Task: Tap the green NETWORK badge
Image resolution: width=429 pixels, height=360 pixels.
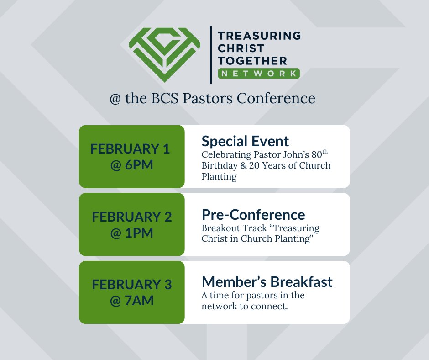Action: [x=258, y=73]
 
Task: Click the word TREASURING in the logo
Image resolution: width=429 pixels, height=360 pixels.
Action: [x=259, y=36]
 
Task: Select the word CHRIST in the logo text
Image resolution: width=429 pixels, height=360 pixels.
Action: [x=241, y=48]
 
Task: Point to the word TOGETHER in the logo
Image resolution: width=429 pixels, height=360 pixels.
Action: [x=252, y=60]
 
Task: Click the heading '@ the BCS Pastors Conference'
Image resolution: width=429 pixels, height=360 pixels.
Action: [x=212, y=98]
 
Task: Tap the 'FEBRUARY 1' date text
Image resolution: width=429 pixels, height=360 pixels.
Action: [x=130, y=149]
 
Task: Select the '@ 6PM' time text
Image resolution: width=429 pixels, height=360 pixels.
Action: [x=131, y=165]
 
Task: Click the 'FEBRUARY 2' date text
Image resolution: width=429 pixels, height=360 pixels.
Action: [x=131, y=217]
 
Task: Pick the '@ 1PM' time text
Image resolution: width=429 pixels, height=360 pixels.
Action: [x=131, y=233]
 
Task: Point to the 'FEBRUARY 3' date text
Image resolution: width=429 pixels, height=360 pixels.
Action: [x=131, y=285]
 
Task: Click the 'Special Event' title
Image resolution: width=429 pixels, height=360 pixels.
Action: [x=245, y=141]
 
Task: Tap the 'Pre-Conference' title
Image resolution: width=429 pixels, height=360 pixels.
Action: [x=253, y=214]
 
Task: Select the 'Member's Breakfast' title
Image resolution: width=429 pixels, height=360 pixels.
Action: [x=267, y=282]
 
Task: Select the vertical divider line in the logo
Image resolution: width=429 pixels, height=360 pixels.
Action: [x=211, y=55]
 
